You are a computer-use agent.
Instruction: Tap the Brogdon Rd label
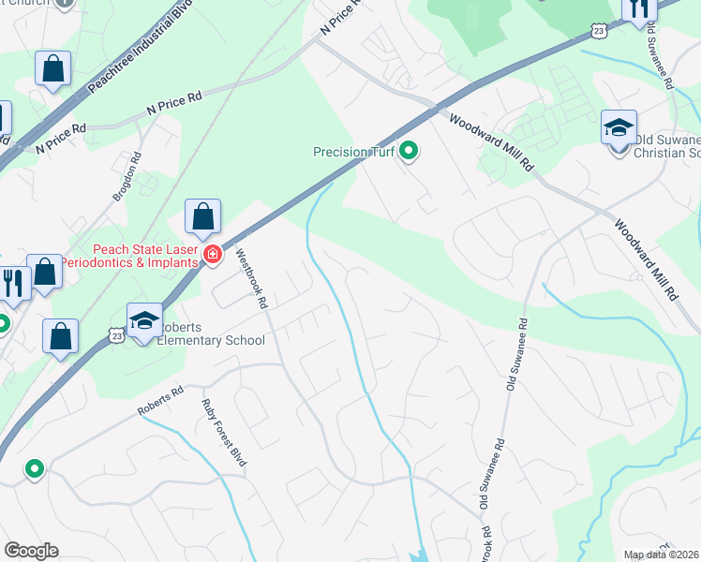pyautogui.click(x=127, y=177)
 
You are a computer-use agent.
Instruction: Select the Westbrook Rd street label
pyautogui.click(x=251, y=279)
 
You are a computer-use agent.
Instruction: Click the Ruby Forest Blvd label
pyautogui.click(x=223, y=432)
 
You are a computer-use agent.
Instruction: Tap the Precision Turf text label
pyautogui.click(x=354, y=151)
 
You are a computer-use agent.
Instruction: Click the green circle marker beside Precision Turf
pyautogui.click(x=409, y=150)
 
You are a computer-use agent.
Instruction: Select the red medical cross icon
pyautogui.click(x=213, y=255)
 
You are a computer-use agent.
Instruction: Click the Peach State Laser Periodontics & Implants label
pyautogui.click(x=145, y=256)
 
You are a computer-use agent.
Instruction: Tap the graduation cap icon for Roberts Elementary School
pyautogui.click(x=144, y=320)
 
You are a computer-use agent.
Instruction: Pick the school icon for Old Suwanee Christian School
pyautogui.click(x=619, y=127)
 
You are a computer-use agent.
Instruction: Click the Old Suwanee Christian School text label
pyautogui.click(x=666, y=146)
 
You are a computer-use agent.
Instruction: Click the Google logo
pyautogui.click(x=31, y=551)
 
